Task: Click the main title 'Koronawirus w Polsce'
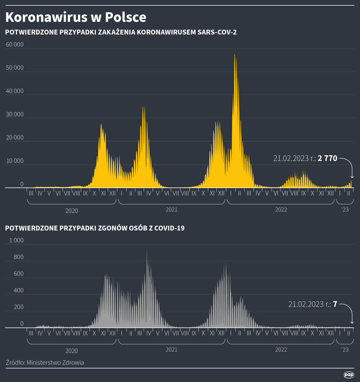click(x=76, y=17)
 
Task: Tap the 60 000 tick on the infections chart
click(x=15, y=44)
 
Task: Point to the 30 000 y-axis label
click(x=15, y=114)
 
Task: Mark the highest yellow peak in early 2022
click(x=235, y=55)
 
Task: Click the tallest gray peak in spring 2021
click(x=147, y=251)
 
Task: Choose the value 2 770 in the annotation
click(x=327, y=159)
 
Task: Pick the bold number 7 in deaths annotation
click(x=335, y=304)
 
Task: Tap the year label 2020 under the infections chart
click(x=72, y=210)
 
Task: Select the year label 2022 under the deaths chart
click(x=281, y=350)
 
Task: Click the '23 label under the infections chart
click(x=345, y=210)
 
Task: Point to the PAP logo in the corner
click(x=348, y=375)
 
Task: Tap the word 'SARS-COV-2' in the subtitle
click(x=218, y=32)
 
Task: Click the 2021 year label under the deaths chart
click(x=171, y=350)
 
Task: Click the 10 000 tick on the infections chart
click(x=15, y=161)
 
